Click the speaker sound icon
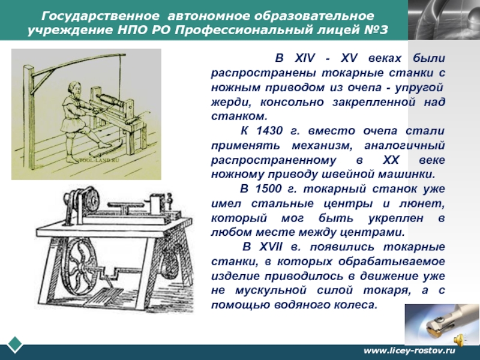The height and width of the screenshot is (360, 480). (458, 339)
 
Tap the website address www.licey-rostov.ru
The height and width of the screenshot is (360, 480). (409, 350)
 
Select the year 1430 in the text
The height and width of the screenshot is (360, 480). (269, 131)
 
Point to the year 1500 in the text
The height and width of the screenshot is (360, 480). (268, 189)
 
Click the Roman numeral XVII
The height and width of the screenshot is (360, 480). (271, 247)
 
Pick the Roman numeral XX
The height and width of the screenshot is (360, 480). (391, 160)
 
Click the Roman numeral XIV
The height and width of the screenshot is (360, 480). (305, 58)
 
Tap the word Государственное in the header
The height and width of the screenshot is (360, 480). (100, 16)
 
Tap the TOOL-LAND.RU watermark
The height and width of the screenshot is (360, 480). (99, 160)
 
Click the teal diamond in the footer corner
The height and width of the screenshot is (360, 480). (14, 344)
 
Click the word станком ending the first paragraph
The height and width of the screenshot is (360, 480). (239, 116)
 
